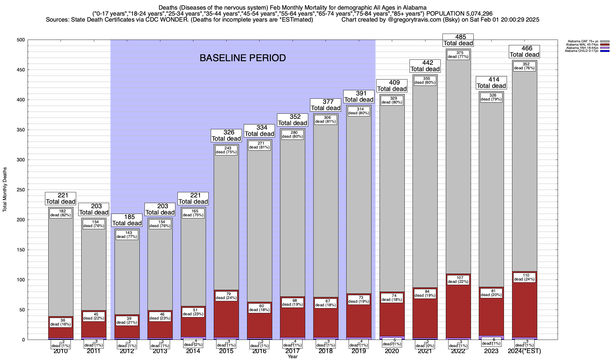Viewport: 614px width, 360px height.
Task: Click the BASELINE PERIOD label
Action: pos(243,58)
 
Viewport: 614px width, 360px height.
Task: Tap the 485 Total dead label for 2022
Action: pos(458,40)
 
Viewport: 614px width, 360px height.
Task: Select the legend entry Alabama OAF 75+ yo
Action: pos(582,41)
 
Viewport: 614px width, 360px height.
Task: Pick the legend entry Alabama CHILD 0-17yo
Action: pos(582,51)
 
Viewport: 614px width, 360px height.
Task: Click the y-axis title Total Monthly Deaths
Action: pos(5,190)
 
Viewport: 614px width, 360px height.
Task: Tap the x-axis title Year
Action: pos(293,357)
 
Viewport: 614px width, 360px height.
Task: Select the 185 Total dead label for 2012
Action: pos(127,220)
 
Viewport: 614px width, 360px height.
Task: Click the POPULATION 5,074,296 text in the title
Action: pos(459,13)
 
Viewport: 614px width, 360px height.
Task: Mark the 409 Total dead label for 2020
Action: pos(392,86)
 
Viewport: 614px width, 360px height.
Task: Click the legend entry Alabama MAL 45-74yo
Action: pos(582,45)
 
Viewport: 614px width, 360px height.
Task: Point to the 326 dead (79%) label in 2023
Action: pos(491,97)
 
